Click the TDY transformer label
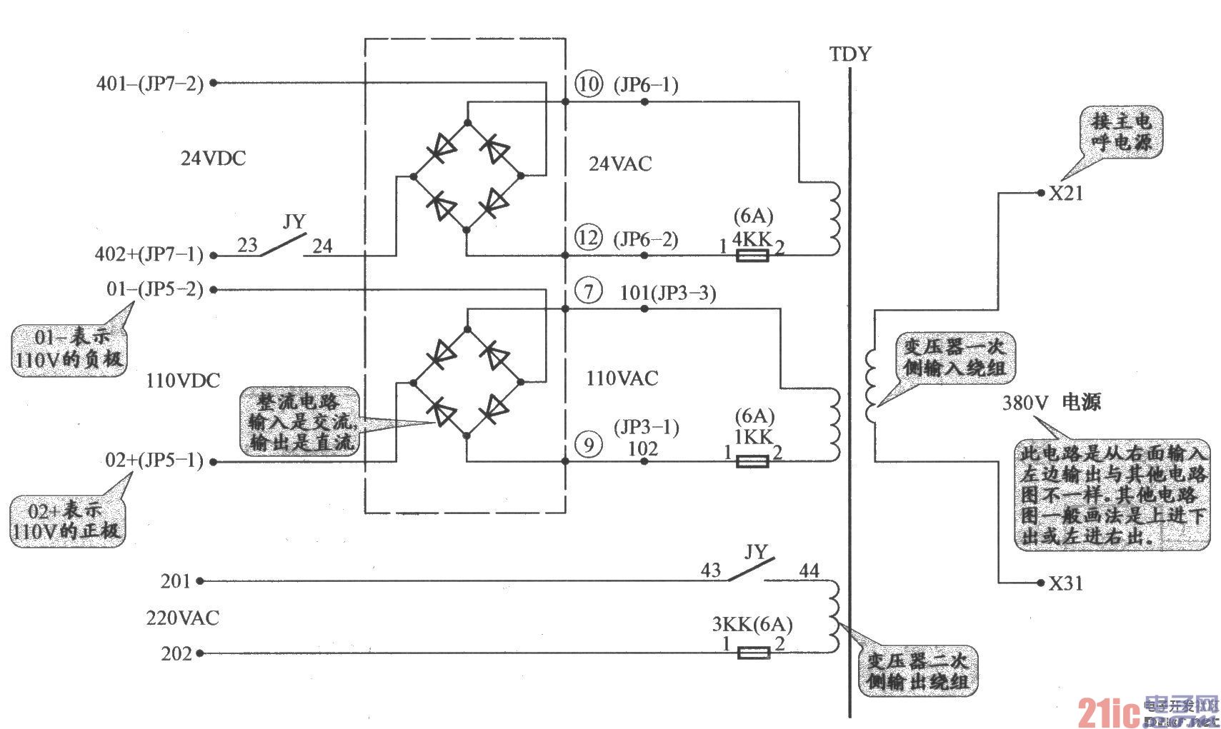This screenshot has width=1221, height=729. click(x=850, y=54)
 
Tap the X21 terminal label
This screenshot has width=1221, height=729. click(x=1065, y=193)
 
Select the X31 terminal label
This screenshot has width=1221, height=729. click(x=1065, y=583)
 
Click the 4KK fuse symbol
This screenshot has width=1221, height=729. click(x=752, y=255)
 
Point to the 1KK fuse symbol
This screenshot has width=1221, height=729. click(x=752, y=462)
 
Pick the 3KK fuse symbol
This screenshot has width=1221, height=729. click(x=753, y=653)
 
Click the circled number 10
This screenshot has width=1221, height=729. click(x=589, y=84)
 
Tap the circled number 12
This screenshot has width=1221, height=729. click(x=589, y=237)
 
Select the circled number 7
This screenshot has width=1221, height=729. click(x=589, y=291)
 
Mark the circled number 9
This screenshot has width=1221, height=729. click(x=589, y=446)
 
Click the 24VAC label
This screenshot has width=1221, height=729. click(x=620, y=164)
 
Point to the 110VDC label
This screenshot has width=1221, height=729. click(x=183, y=381)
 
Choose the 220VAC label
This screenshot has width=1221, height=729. click(x=183, y=618)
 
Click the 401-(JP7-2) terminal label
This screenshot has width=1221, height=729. click(x=150, y=84)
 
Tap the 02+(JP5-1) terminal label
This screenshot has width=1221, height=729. click(x=154, y=460)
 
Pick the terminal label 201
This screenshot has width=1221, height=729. click(x=176, y=581)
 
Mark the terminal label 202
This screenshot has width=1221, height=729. click(x=176, y=653)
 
